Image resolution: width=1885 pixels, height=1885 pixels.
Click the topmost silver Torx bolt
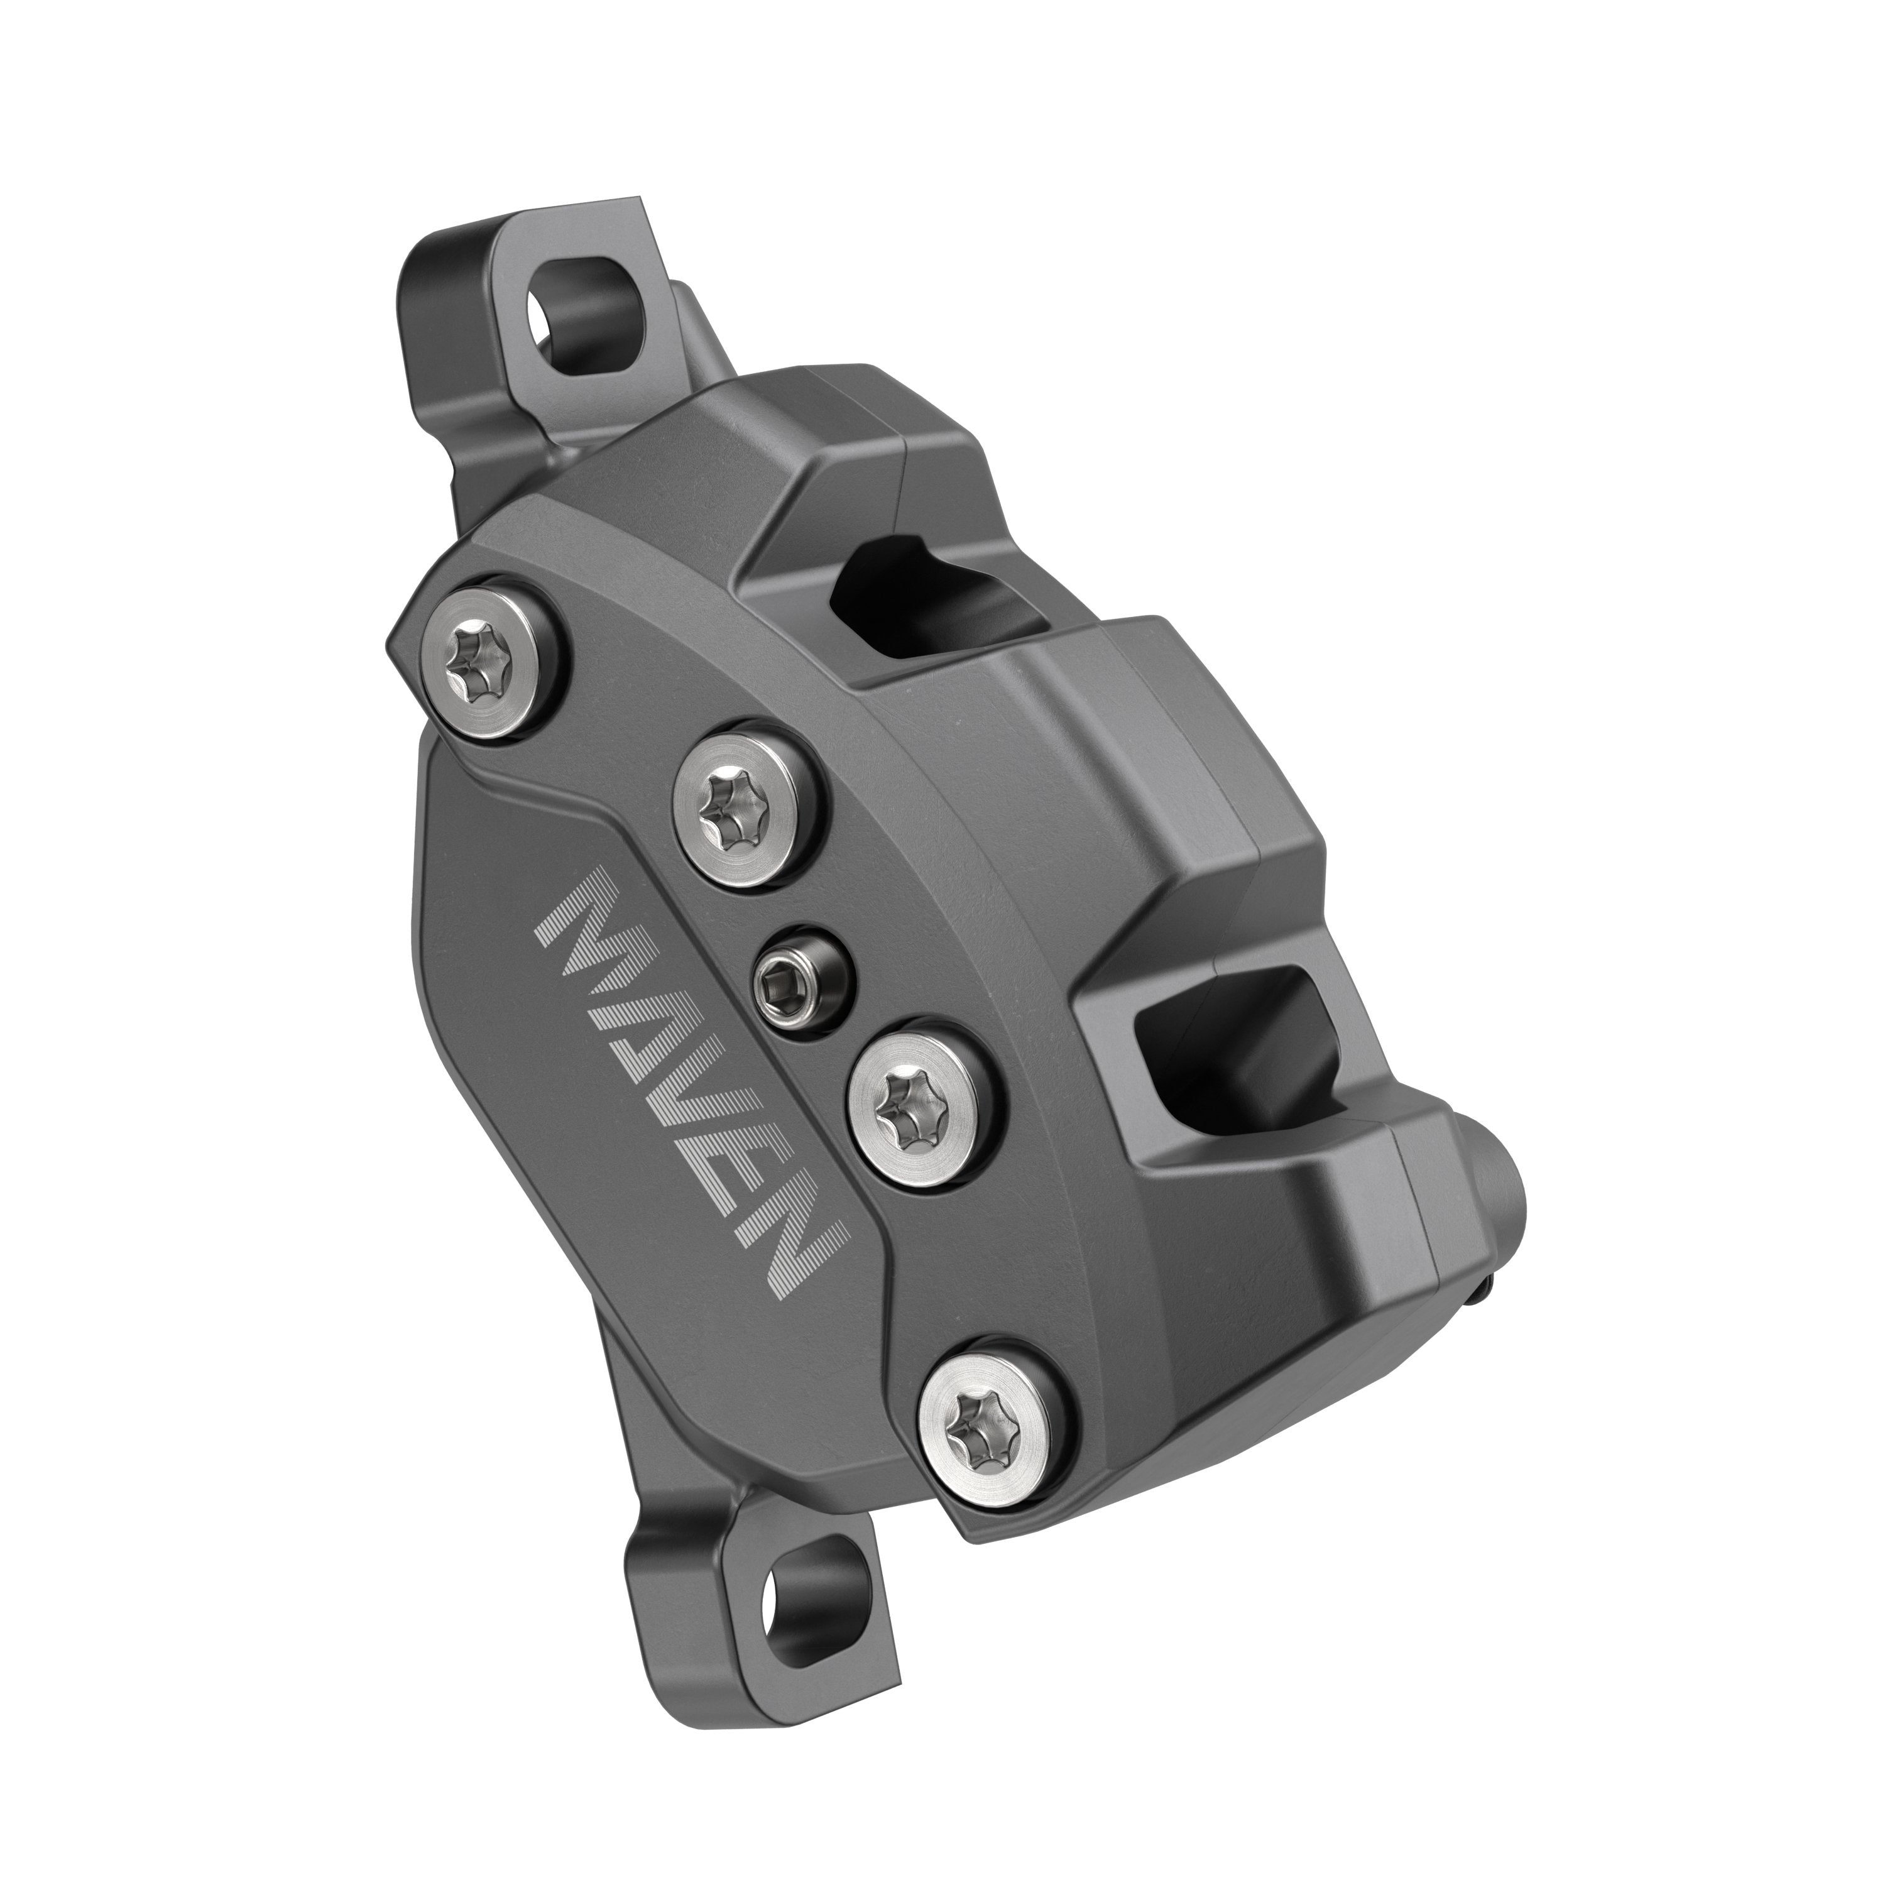(x=494, y=667)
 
